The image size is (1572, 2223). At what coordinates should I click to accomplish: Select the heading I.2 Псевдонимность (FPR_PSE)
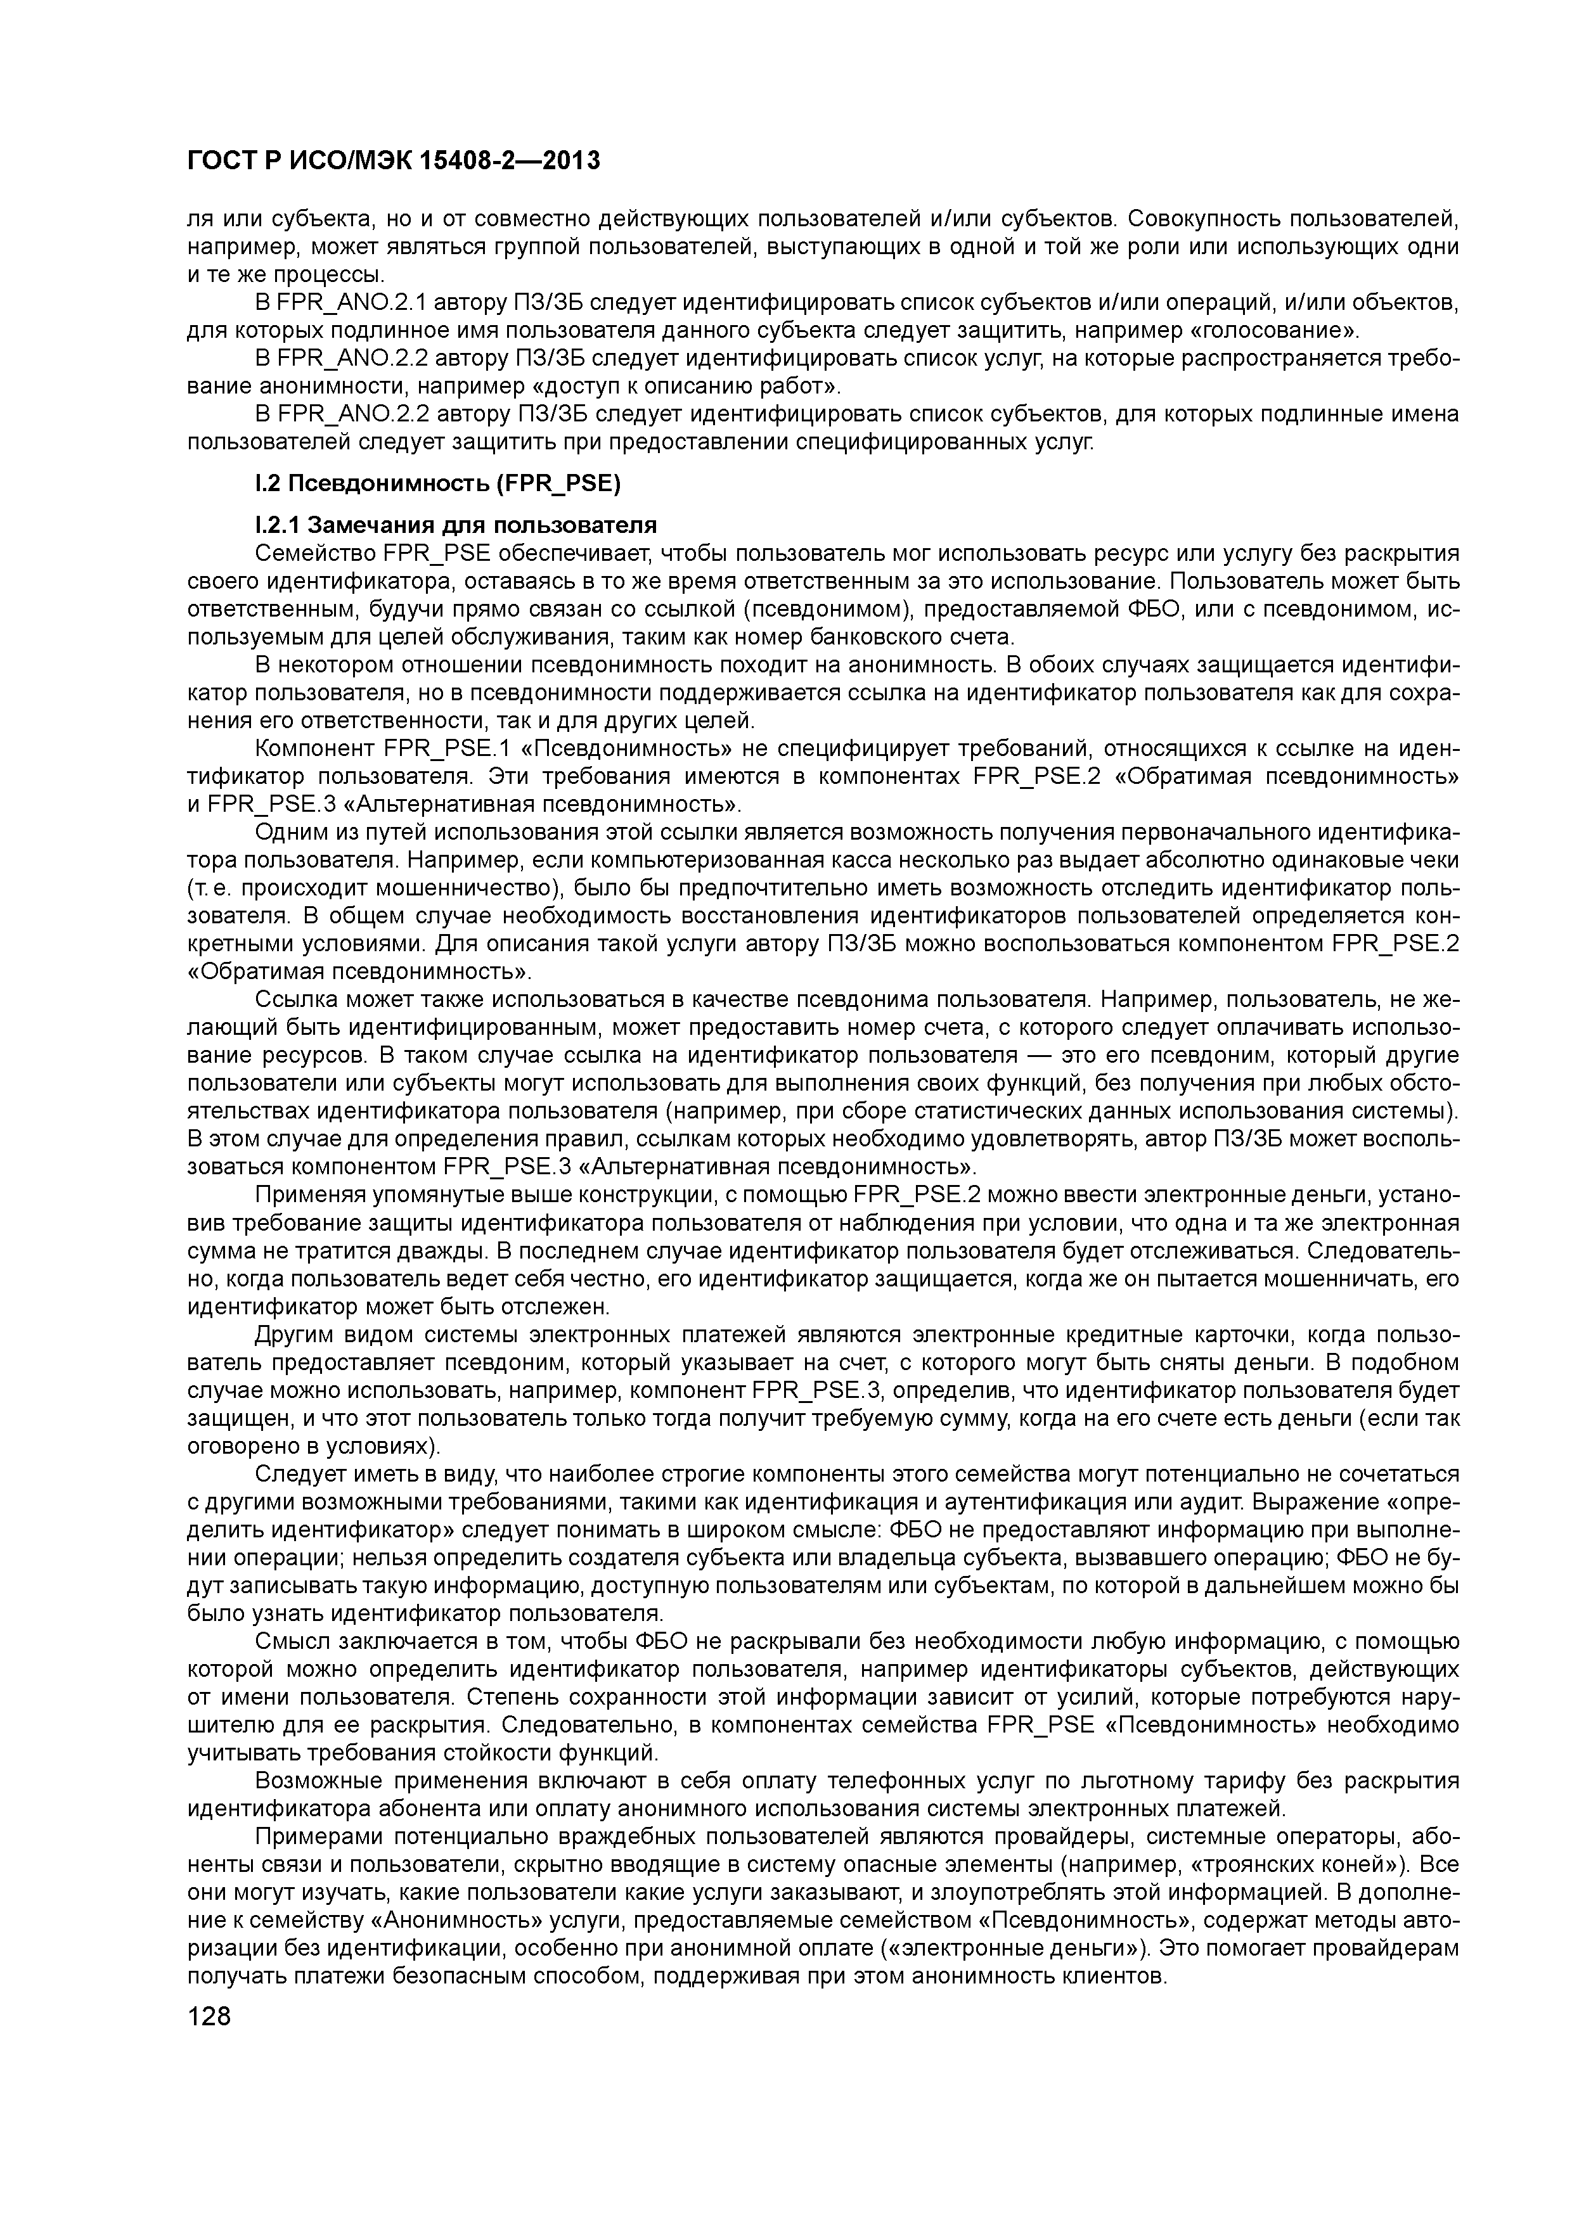click(x=437, y=484)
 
